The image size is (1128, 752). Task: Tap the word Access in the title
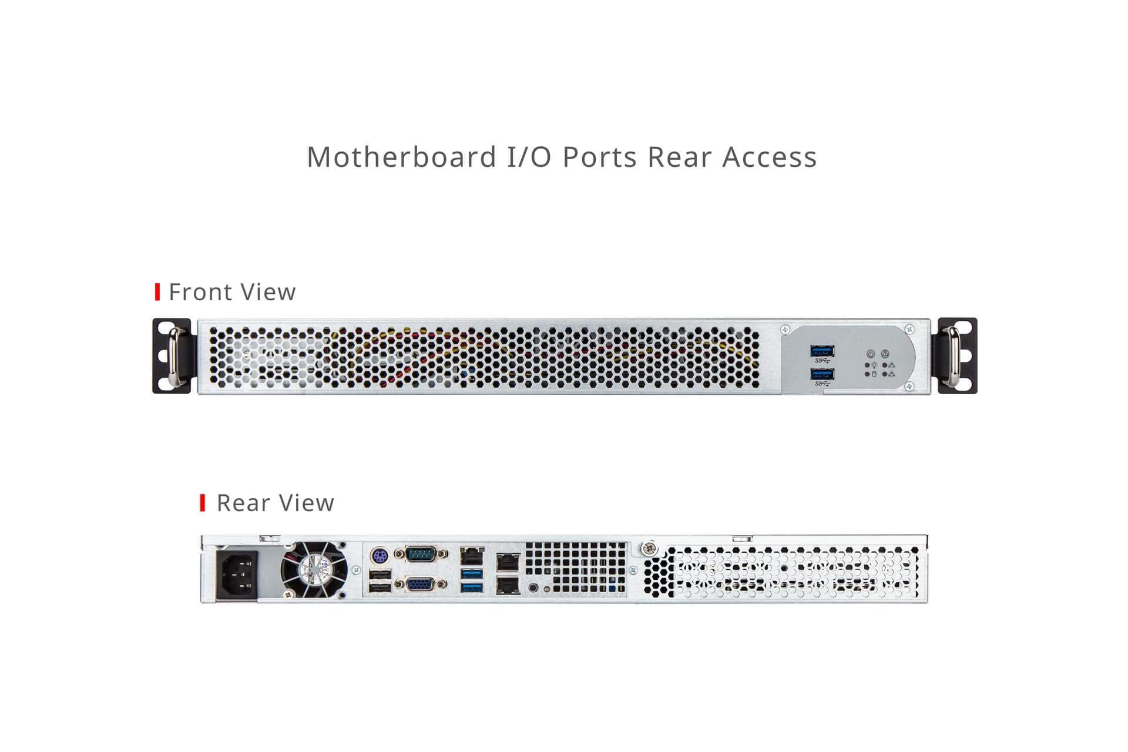(770, 157)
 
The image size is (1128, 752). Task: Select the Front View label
(232, 292)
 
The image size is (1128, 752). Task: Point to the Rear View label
(276, 503)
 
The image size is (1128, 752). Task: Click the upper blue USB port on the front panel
(821, 351)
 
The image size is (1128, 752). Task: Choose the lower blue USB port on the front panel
(821, 374)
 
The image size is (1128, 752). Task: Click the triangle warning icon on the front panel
(885, 354)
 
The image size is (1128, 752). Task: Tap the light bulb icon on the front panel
(874, 365)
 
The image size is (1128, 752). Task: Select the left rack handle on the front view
(174, 356)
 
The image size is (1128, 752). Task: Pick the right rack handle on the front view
(955, 356)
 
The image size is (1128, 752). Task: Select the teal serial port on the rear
(421, 553)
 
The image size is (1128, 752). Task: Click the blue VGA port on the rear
(421, 585)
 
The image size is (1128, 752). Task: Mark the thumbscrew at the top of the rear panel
(649, 549)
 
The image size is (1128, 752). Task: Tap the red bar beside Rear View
(203, 503)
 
